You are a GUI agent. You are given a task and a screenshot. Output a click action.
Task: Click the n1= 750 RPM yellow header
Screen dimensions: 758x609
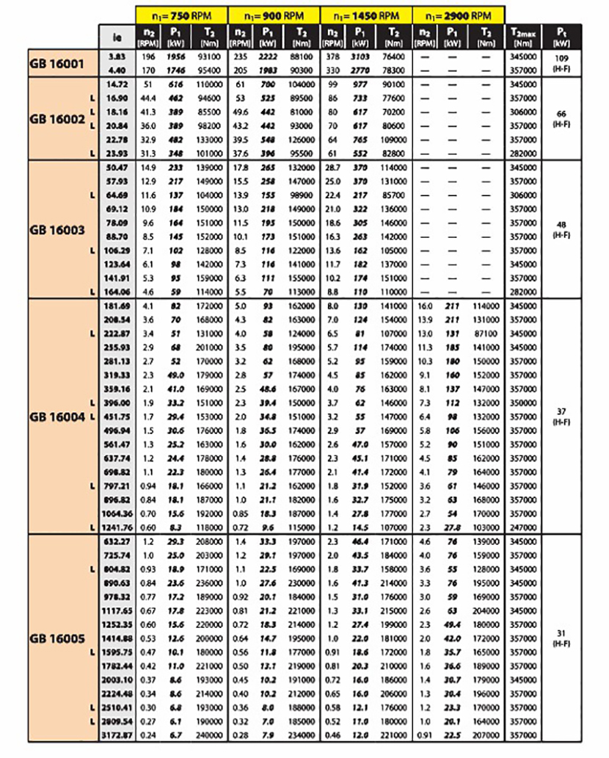(x=181, y=14)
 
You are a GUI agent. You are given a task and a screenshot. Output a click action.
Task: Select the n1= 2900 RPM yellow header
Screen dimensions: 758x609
(x=459, y=14)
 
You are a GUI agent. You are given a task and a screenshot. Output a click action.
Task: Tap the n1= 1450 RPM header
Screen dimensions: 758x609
(x=366, y=14)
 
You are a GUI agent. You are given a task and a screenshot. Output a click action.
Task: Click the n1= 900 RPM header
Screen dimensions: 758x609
(x=274, y=14)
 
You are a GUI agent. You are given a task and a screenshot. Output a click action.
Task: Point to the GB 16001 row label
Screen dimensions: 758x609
(x=57, y=63)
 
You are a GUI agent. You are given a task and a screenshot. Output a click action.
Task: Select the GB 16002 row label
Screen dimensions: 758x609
(x=57, y=119)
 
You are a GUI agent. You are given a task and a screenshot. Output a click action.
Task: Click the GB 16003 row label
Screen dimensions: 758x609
(x=57, y=229)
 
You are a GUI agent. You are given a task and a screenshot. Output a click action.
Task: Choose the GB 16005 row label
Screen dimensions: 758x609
(x=57, y=637)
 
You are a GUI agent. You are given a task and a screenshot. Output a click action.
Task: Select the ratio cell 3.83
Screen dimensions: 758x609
(x=117, y=56)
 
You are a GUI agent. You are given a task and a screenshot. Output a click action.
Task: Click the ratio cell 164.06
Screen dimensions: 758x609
(x=117, y=291)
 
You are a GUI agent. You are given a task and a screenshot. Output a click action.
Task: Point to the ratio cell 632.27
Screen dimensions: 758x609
(x=117, y=540)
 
